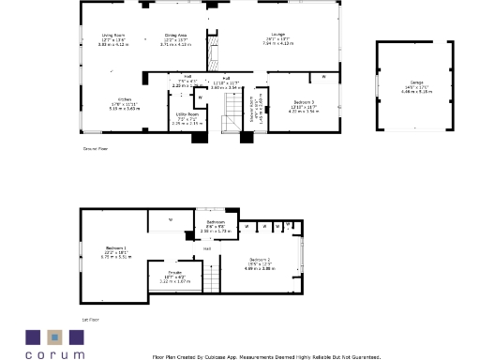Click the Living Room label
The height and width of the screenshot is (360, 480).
[x=113, y=38]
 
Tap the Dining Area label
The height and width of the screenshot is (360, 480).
[x=175, y=38]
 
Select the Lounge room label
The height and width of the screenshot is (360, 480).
[x=278, y=38]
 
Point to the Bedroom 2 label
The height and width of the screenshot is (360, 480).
[x=260, y=262]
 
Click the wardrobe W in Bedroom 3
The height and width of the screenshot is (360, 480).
[x=324, y=77]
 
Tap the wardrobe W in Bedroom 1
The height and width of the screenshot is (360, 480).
[x=170, y=220]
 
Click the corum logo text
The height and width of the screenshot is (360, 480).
[x=54, y=354]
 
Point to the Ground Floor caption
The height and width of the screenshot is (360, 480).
[x=94, y=147]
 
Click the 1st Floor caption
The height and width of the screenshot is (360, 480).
[x=90, y=319]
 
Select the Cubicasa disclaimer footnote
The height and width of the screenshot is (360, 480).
[x=266, y=356]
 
